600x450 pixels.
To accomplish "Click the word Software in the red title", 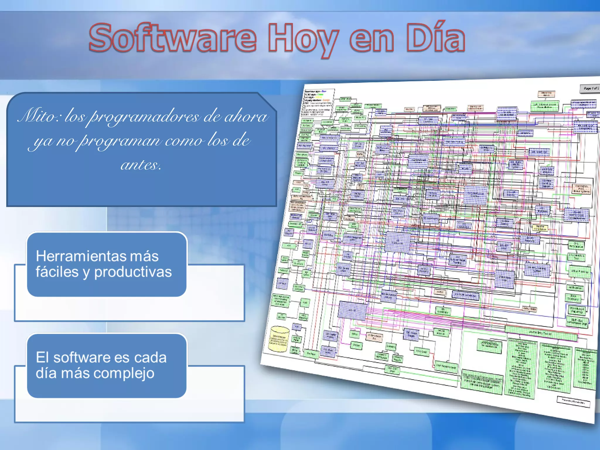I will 173,38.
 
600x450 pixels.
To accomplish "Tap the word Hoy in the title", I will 303,40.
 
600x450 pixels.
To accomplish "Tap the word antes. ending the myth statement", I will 141,165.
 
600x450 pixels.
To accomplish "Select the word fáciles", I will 57,272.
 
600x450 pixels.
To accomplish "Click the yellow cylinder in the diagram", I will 279,339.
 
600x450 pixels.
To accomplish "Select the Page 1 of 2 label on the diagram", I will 590,88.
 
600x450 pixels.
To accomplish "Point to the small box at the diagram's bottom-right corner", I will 573,401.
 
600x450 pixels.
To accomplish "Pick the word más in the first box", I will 144,256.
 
